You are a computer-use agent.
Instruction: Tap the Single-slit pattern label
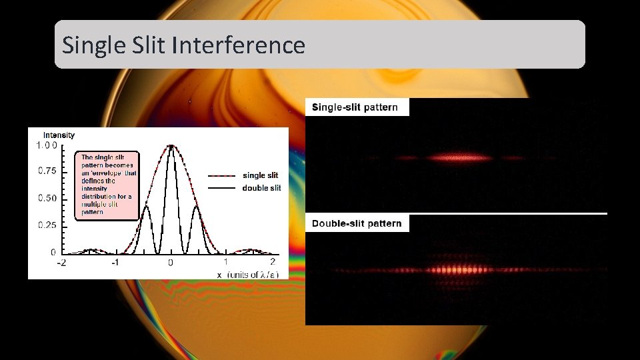click(x=355, y=107)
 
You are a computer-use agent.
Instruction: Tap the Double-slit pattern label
click(x=357, y=223)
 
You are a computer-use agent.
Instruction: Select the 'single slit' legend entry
click(x=260, y=175)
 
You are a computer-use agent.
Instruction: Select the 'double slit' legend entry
click(x=261, y=188)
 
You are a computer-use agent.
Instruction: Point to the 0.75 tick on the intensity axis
click(x=47, y=171)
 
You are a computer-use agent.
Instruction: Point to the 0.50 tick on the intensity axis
click(x=47, y=199)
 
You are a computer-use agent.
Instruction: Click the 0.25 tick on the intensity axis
click(x=47, y=225)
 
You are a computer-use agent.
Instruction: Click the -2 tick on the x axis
click(x=61, y=262)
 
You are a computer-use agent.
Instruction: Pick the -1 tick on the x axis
click(x=115, y=262)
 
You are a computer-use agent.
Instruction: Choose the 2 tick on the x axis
click(x=273, y=261)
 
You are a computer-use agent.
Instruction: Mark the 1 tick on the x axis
click(x=225, y=261)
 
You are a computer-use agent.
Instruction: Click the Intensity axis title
click(x=59, y=135)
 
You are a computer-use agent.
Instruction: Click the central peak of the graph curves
click(x=171, y=147)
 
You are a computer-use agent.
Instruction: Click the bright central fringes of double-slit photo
click(x=457, y=270)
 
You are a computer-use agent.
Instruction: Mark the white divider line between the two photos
click(x=456, y=213)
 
